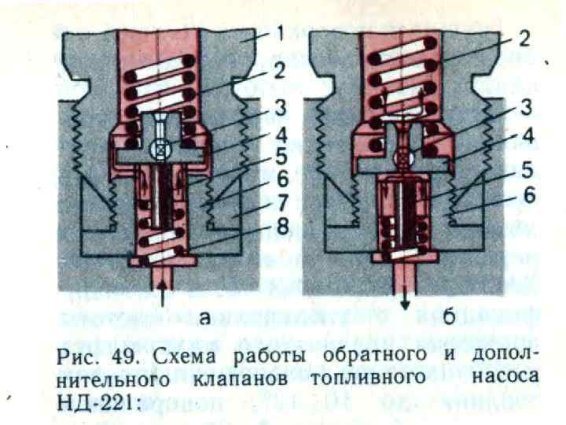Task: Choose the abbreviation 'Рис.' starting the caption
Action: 76,356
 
